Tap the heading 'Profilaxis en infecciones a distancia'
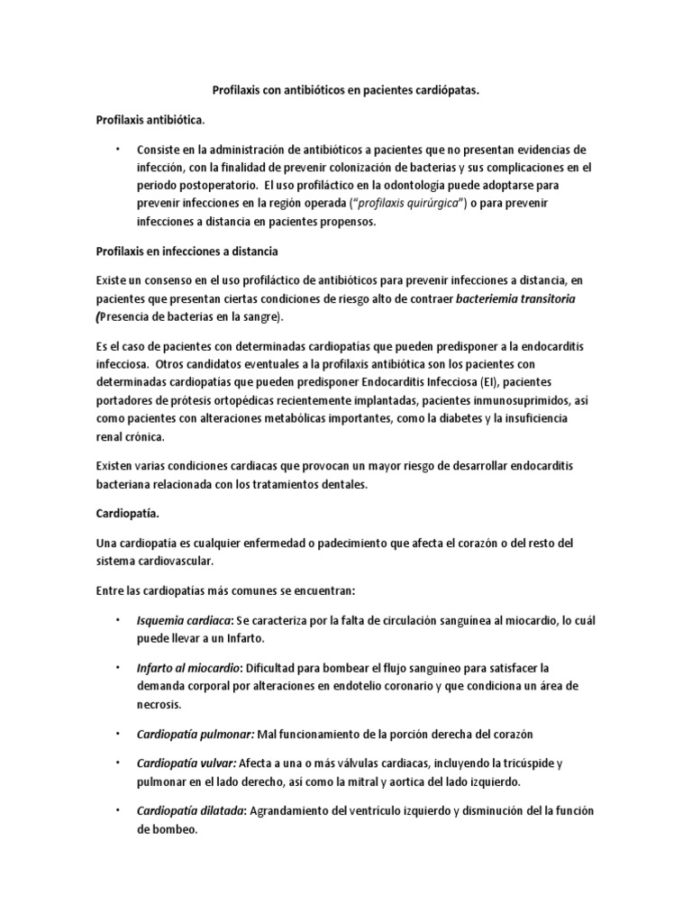[x=180, y=250]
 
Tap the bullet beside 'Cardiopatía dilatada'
[x=116, y=809]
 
